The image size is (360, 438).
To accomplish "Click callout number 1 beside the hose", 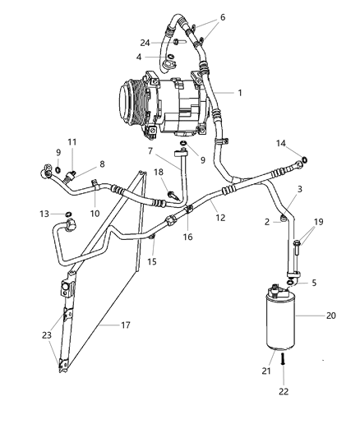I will pyautogui.click(x=239, y=93).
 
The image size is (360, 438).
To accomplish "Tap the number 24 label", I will pyautogui.click(x=145, y=43).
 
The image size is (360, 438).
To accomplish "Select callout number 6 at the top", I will pyautogui.click(x=221, y=17).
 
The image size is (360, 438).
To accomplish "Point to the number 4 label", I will pyautogui.click(x=139, y=57).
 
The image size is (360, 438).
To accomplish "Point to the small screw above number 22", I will pyautogui.click(x=283, y=359).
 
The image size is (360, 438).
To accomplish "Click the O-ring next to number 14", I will pyautogui.click(x=306, y=159).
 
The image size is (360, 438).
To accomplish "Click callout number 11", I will pyautogui.click(x=72, y=142).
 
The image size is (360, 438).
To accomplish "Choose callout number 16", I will pyautogui.click(x=188, y=237).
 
